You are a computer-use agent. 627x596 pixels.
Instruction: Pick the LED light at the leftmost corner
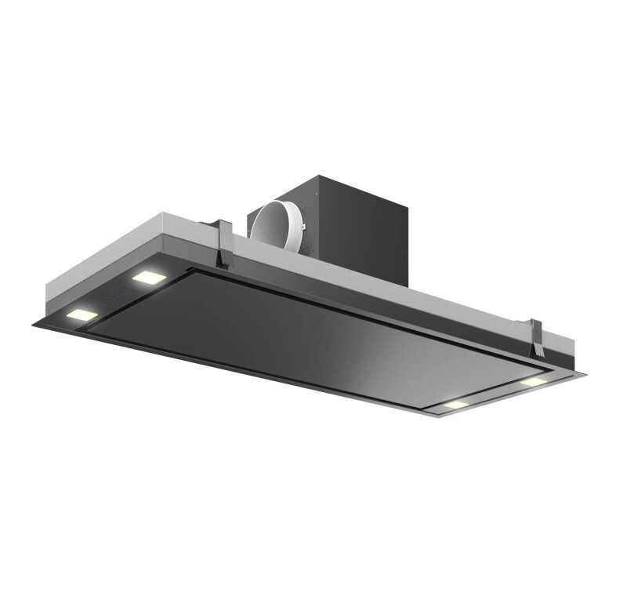(82, 315)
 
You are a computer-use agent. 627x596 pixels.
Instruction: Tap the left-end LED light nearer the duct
(147, 277)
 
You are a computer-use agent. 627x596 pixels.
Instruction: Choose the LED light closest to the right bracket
(533, 381)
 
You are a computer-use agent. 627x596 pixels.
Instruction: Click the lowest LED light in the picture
(455, 405)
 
